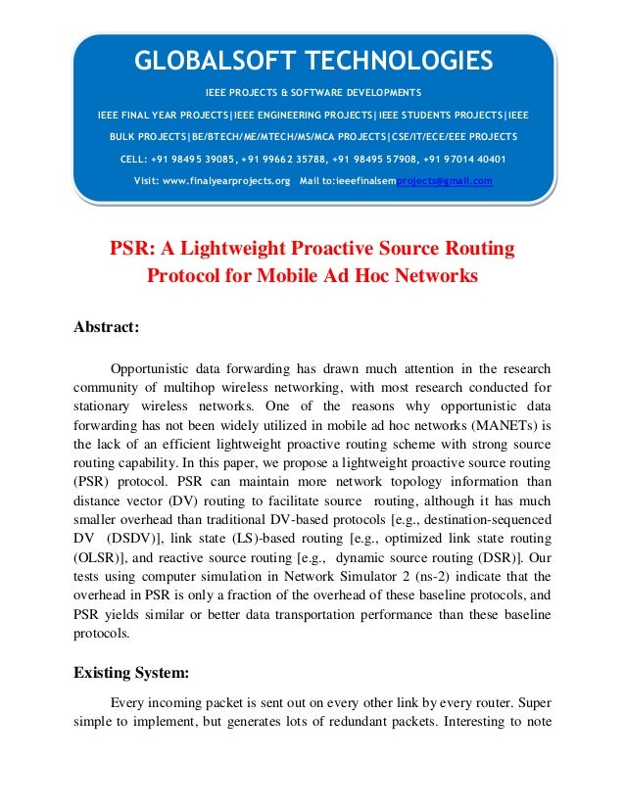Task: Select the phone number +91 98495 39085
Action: pyautogui.click(x=190, y=159)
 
